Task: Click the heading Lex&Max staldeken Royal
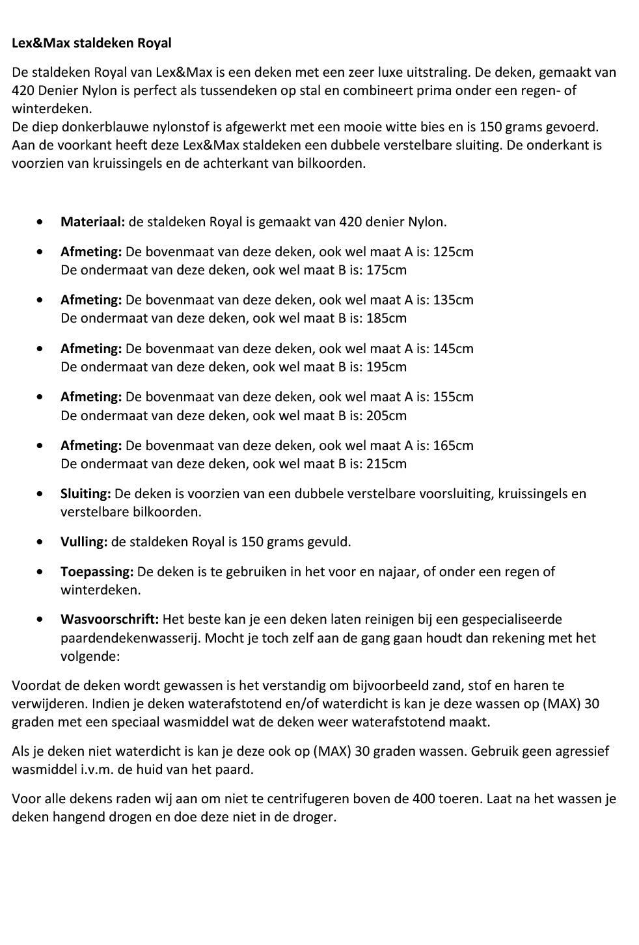[x=92, y=44]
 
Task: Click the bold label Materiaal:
[x=92, y=222]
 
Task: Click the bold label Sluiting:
[x=86, y=494]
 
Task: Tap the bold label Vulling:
[x=84, y=542]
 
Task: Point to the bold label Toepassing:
[x=97, y=572]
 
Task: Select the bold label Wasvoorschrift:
[x=109, y=619]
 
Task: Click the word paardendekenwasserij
[x=130, y=638]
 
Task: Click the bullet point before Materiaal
[x=42, y=222]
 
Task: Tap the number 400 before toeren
[x=426, y=799]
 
